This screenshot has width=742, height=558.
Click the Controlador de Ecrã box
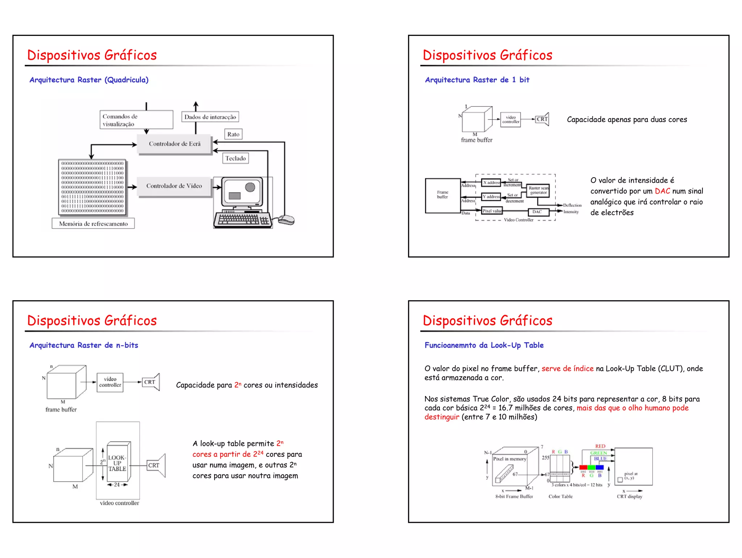coord(174,144)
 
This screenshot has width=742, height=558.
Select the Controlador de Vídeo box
coord(174,186)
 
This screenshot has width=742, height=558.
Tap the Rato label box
coord(233,135)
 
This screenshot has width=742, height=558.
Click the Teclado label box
coord(235,158)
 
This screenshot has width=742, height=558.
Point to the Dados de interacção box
coord(210,117)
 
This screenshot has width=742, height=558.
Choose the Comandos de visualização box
coord(136,120)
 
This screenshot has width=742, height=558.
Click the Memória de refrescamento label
coord(93,224)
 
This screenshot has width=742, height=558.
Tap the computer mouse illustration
coord(286,219)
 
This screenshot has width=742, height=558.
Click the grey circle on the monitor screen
coord(250,187)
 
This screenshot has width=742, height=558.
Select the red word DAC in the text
coord(662,191)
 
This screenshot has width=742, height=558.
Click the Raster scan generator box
coord(538,190)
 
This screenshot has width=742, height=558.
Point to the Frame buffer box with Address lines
coord(442,195)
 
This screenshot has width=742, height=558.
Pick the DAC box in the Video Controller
coord(537,212)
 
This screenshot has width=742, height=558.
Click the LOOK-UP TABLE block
coord(117,463)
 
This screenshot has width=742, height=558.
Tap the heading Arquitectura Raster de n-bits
coord(84,345)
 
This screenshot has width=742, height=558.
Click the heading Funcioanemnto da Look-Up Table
coord(484,345)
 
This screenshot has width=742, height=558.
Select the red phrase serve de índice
coord(567,369)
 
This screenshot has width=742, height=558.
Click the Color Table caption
coord(560,496)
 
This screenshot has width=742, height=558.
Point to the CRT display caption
coord(629,496)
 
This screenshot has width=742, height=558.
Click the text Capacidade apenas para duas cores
coord(627,120)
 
